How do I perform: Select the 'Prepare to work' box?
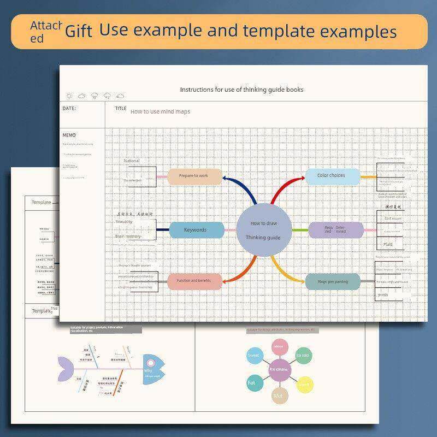pyautogui.click(x=195, y=176)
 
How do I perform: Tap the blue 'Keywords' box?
pyautogui.click(x=196, y=230)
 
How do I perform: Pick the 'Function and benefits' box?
pyautogui.click(x=195, y=281)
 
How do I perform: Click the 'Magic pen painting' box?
pyautogui.click(x=333, y=282)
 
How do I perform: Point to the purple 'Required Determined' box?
pyautogui.click(x=335, y=230)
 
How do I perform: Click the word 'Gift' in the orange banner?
pyautogui.click(x=79, y=31)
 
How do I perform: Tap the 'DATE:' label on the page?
pyautogui.click(x=69, y=109)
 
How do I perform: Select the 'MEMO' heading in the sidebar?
pyautogui.click(x=69, y=135)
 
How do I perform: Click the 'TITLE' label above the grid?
pyautogui.click(x=121, y=109)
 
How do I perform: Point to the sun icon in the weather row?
pyautogui.click(x=69, y=96)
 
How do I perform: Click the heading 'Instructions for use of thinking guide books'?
pyautogui.click(x=241, y=90)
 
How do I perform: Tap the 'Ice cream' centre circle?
pyautogui.click(x=279, y=369)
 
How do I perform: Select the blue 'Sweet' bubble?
pyautogui.click(x=254, y=356)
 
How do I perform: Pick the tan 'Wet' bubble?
pyautogui.click(x=278, y=395)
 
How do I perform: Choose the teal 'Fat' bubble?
pyautogui.click(x=252, y=383)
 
